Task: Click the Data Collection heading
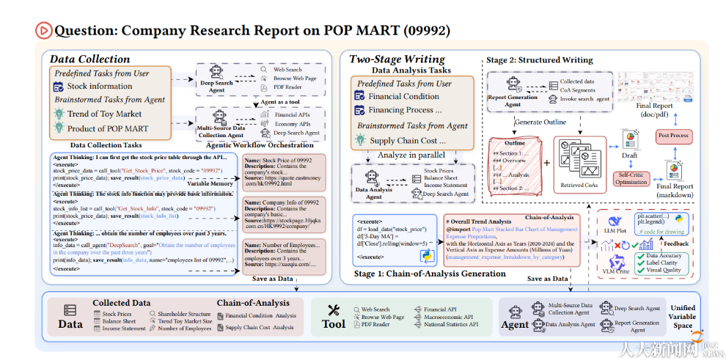pos(89,59)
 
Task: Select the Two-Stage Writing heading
pos(397,59)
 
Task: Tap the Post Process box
pos(673,136)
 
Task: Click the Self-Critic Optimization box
pos(632,178)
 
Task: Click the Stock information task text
pos(100,86)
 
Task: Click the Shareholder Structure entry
pos(184,313)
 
